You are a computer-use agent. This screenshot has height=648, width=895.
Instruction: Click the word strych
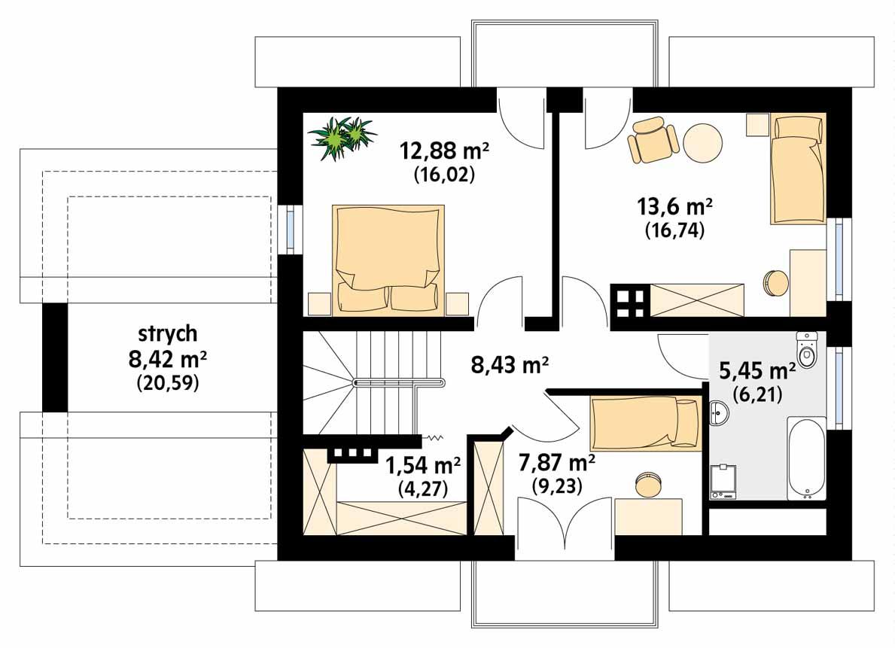point(166,333)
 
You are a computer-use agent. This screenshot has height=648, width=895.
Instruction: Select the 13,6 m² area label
point(674,208)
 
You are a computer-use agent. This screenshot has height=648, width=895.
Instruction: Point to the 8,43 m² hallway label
point(510,367)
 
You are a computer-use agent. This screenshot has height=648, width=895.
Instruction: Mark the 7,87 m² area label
point(557,461)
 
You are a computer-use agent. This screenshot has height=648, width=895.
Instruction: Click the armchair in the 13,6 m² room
point(652,141)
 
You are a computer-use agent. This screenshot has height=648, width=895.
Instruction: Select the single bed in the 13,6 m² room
point(798,169)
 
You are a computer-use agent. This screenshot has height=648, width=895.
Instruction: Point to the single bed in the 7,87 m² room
point(644,423)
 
